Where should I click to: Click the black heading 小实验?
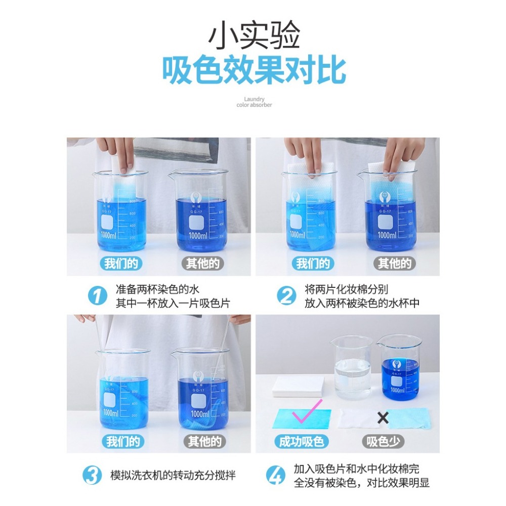pos(254,35)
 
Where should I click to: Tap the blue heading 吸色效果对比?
pos(254,70)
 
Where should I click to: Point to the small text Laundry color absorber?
pos(254,102)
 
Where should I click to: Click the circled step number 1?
pos(97,296)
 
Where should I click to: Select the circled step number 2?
pos(287,296)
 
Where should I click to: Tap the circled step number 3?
pos(93,476)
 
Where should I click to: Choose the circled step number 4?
pos(275,476)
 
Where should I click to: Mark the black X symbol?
pos(383,418)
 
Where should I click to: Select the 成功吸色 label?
pos(301,442)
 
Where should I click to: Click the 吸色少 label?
pos(383,442)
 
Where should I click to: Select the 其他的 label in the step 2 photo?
pos(394,264)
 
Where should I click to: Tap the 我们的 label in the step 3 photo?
pos(122,442)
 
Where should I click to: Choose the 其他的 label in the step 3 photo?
pos(204,442)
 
